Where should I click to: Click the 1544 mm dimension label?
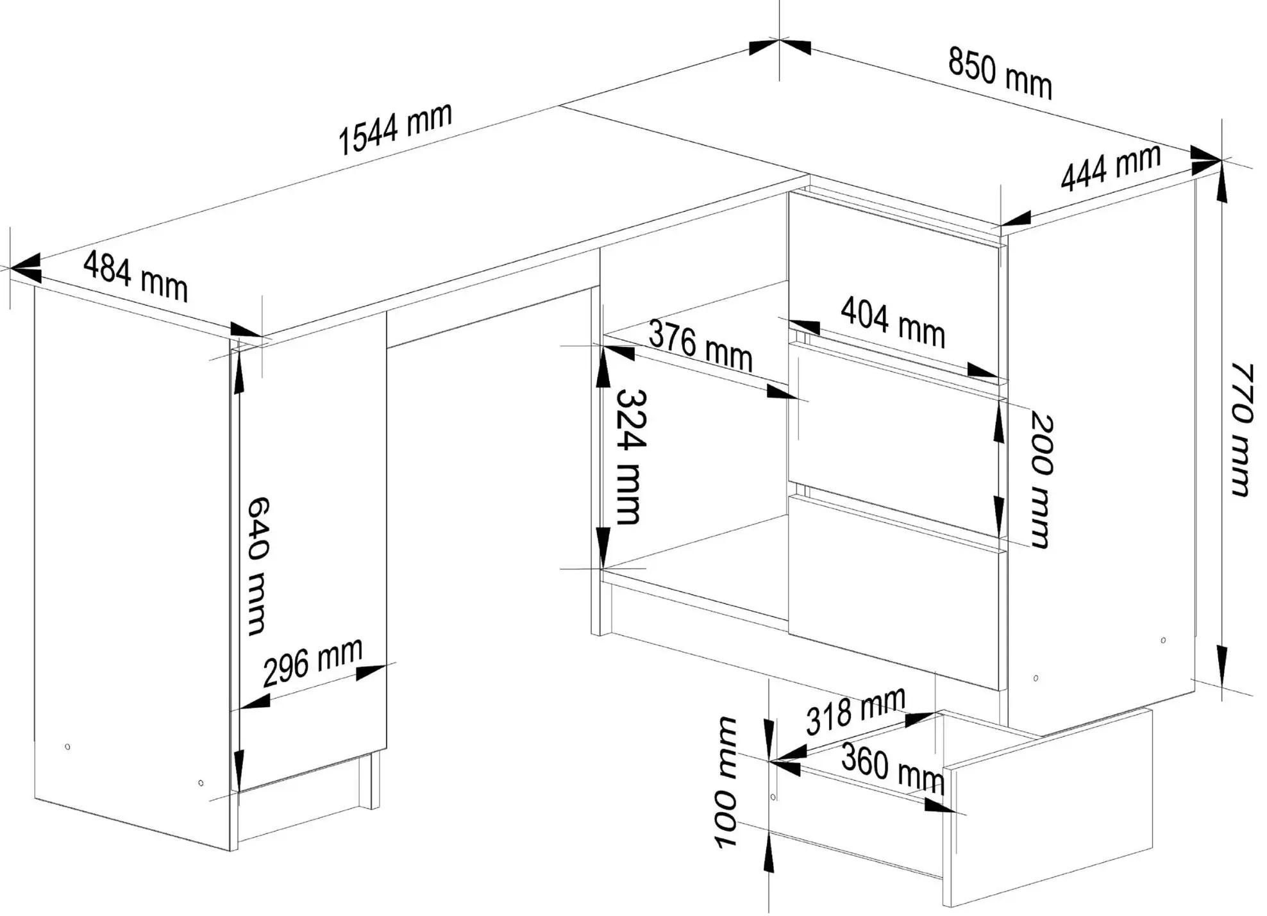coord(395,129)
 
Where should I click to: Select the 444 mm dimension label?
coord(1111,167)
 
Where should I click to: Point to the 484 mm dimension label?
coord(135,276)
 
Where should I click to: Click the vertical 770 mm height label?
coord(1241,429)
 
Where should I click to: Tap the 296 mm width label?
coord(313,662)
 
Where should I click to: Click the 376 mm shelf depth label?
coord(700,346)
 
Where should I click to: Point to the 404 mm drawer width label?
coord(893,322)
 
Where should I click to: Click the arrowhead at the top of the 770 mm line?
coord(1222,186)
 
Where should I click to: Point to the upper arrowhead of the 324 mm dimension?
coord(603,369)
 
